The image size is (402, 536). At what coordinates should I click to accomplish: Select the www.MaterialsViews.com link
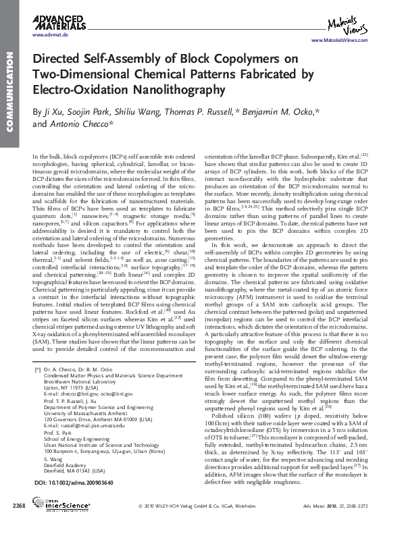point(345,41)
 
